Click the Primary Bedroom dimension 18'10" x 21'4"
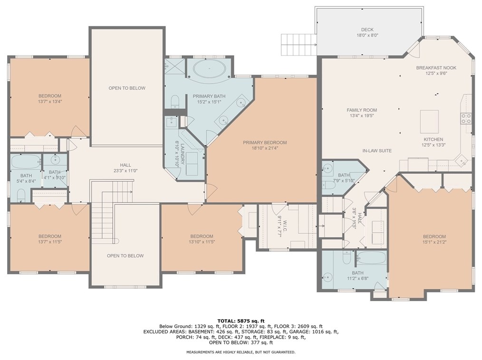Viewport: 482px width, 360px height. (x=265, y=148)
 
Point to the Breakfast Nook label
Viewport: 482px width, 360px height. (x=436, y=68)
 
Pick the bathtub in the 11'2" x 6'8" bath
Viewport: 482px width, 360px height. (x=371, y=259)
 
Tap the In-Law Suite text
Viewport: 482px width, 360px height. (x=376, y=151)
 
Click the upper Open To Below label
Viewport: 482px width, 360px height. (x=127, y=88)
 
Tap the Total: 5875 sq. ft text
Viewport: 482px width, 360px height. (x=241, y=320)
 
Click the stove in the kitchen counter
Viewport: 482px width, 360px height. (x=466, y=118)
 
